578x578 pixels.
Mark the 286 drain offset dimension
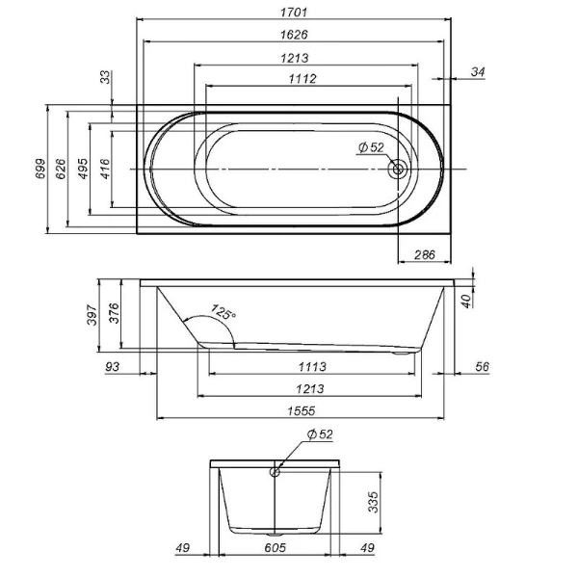(424, 255)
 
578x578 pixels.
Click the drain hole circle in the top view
(397, 170)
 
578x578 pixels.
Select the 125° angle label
(223, 314)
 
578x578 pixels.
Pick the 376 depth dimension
(116, 314)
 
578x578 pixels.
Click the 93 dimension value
(114, 366)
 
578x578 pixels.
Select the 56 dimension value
(483, 366)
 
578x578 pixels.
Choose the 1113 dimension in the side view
(311, 366)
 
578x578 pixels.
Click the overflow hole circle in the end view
(276, 472)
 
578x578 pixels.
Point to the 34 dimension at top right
(479, 71)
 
